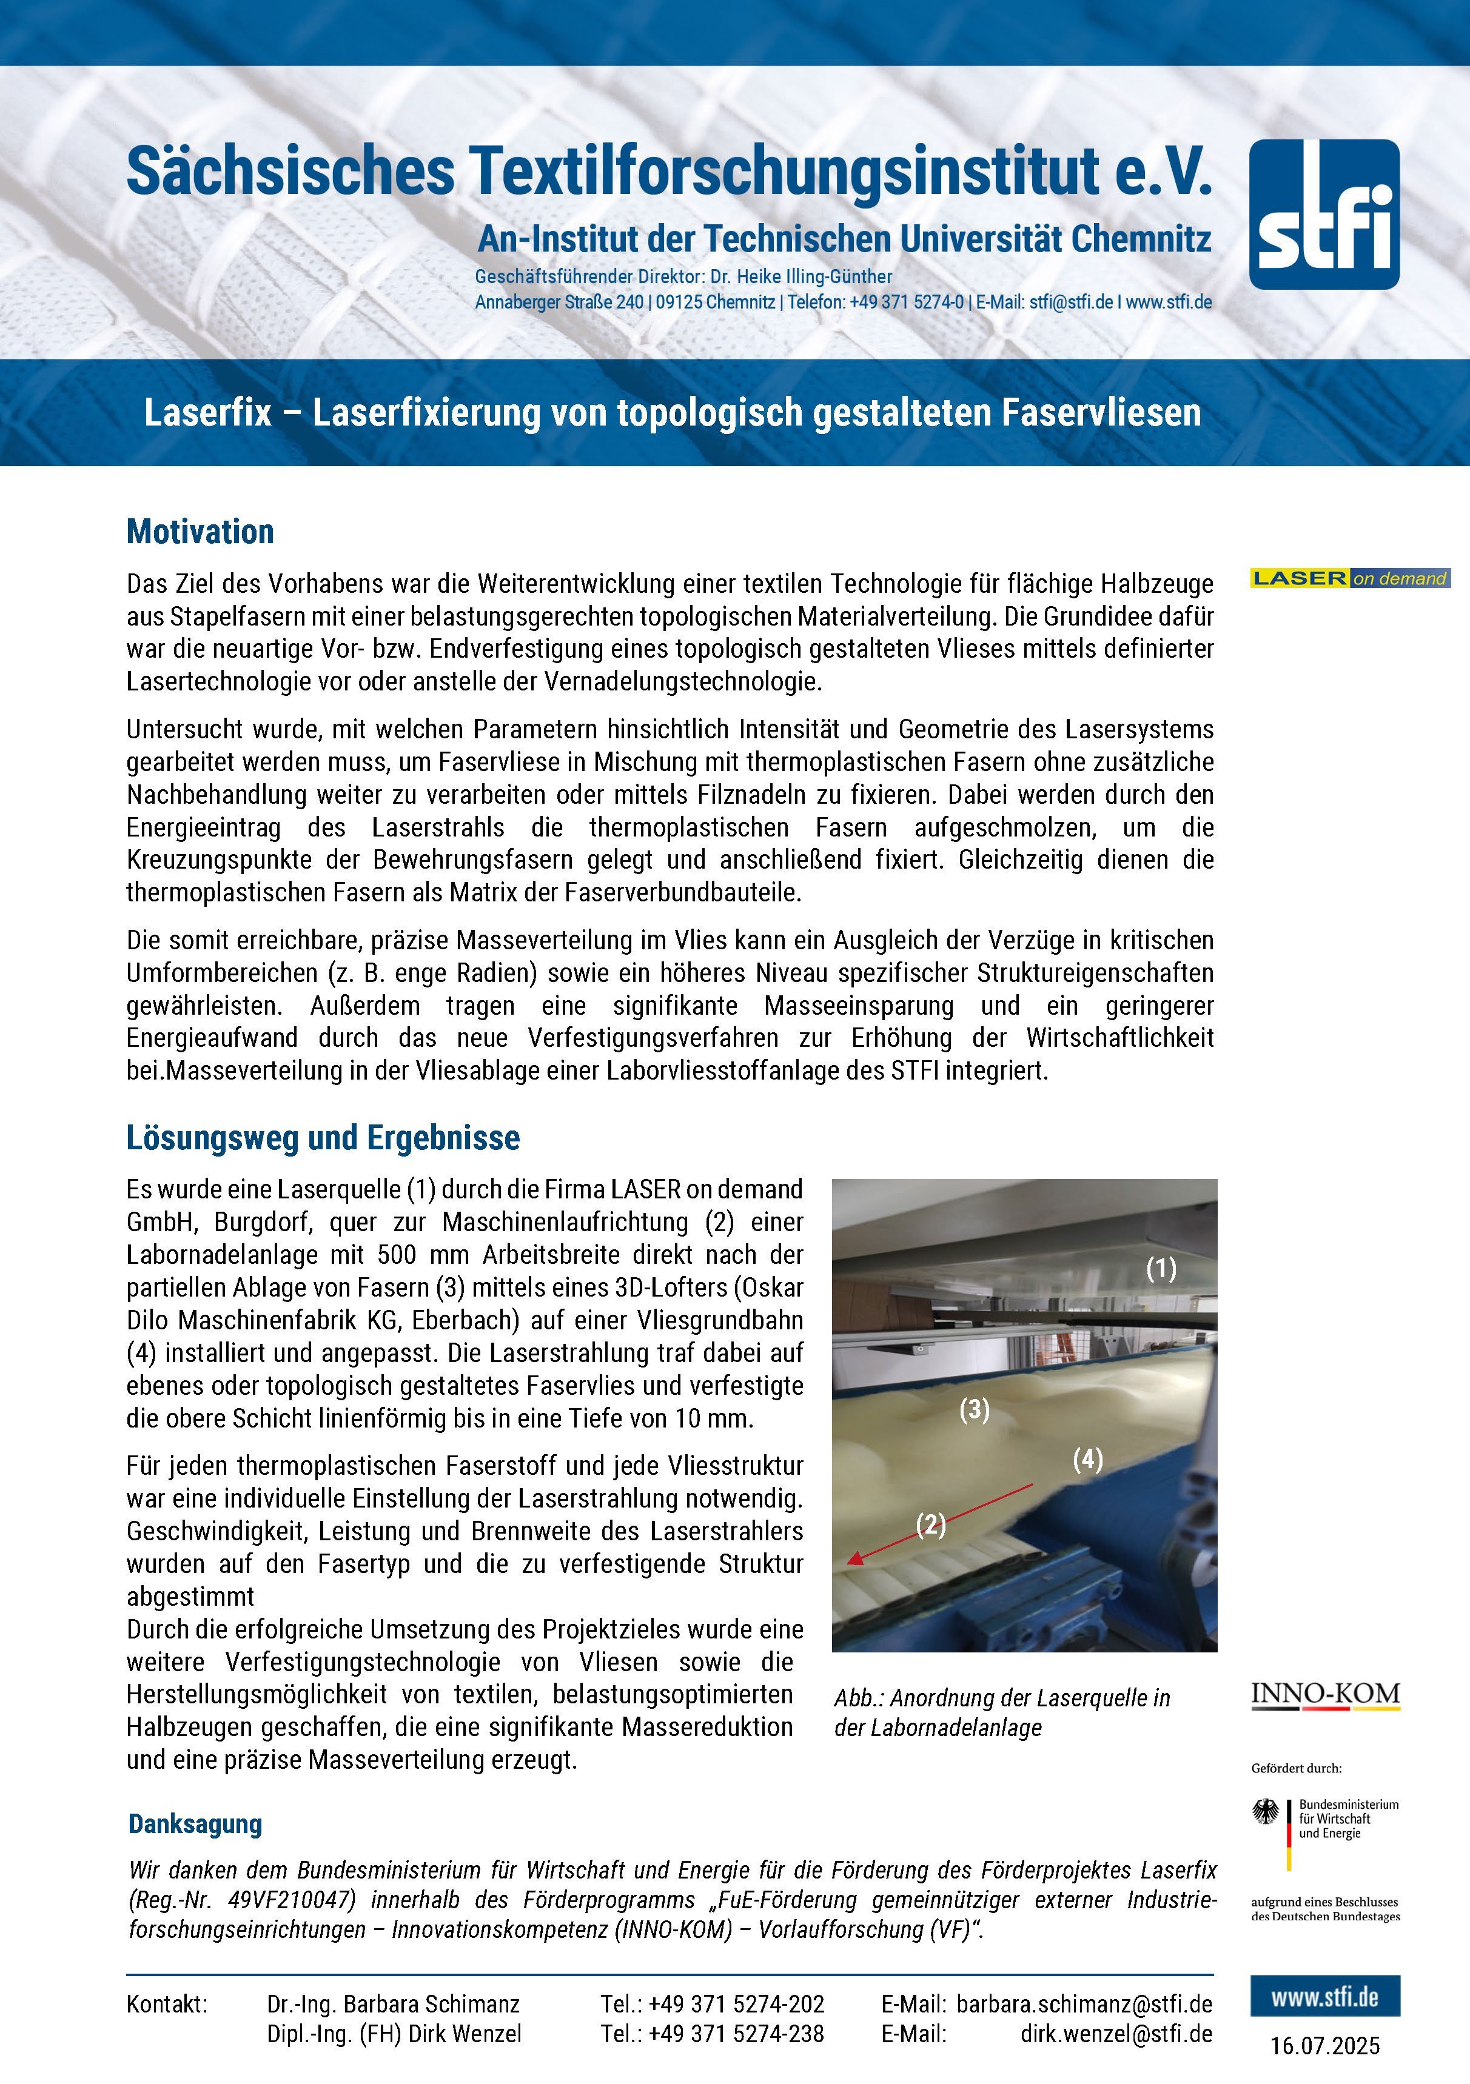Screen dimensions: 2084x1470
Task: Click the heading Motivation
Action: (200, 532)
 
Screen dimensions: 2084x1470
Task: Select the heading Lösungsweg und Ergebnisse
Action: (323, 1137)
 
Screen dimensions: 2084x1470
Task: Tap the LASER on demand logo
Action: (1350, 578)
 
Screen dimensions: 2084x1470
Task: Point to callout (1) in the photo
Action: (1160, 1268)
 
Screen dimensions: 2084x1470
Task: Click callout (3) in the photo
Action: (975, 1409)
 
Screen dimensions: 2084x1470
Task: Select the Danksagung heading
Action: (195, 1823)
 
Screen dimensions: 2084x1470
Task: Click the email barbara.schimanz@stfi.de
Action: (1084, 2003)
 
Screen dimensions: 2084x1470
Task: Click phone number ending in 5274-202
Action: (713, 2003)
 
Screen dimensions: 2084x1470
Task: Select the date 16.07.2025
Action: (1324, 2045)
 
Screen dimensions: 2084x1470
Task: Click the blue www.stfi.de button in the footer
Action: (1324, 1997)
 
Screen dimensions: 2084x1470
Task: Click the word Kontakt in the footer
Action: (167, 2003)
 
